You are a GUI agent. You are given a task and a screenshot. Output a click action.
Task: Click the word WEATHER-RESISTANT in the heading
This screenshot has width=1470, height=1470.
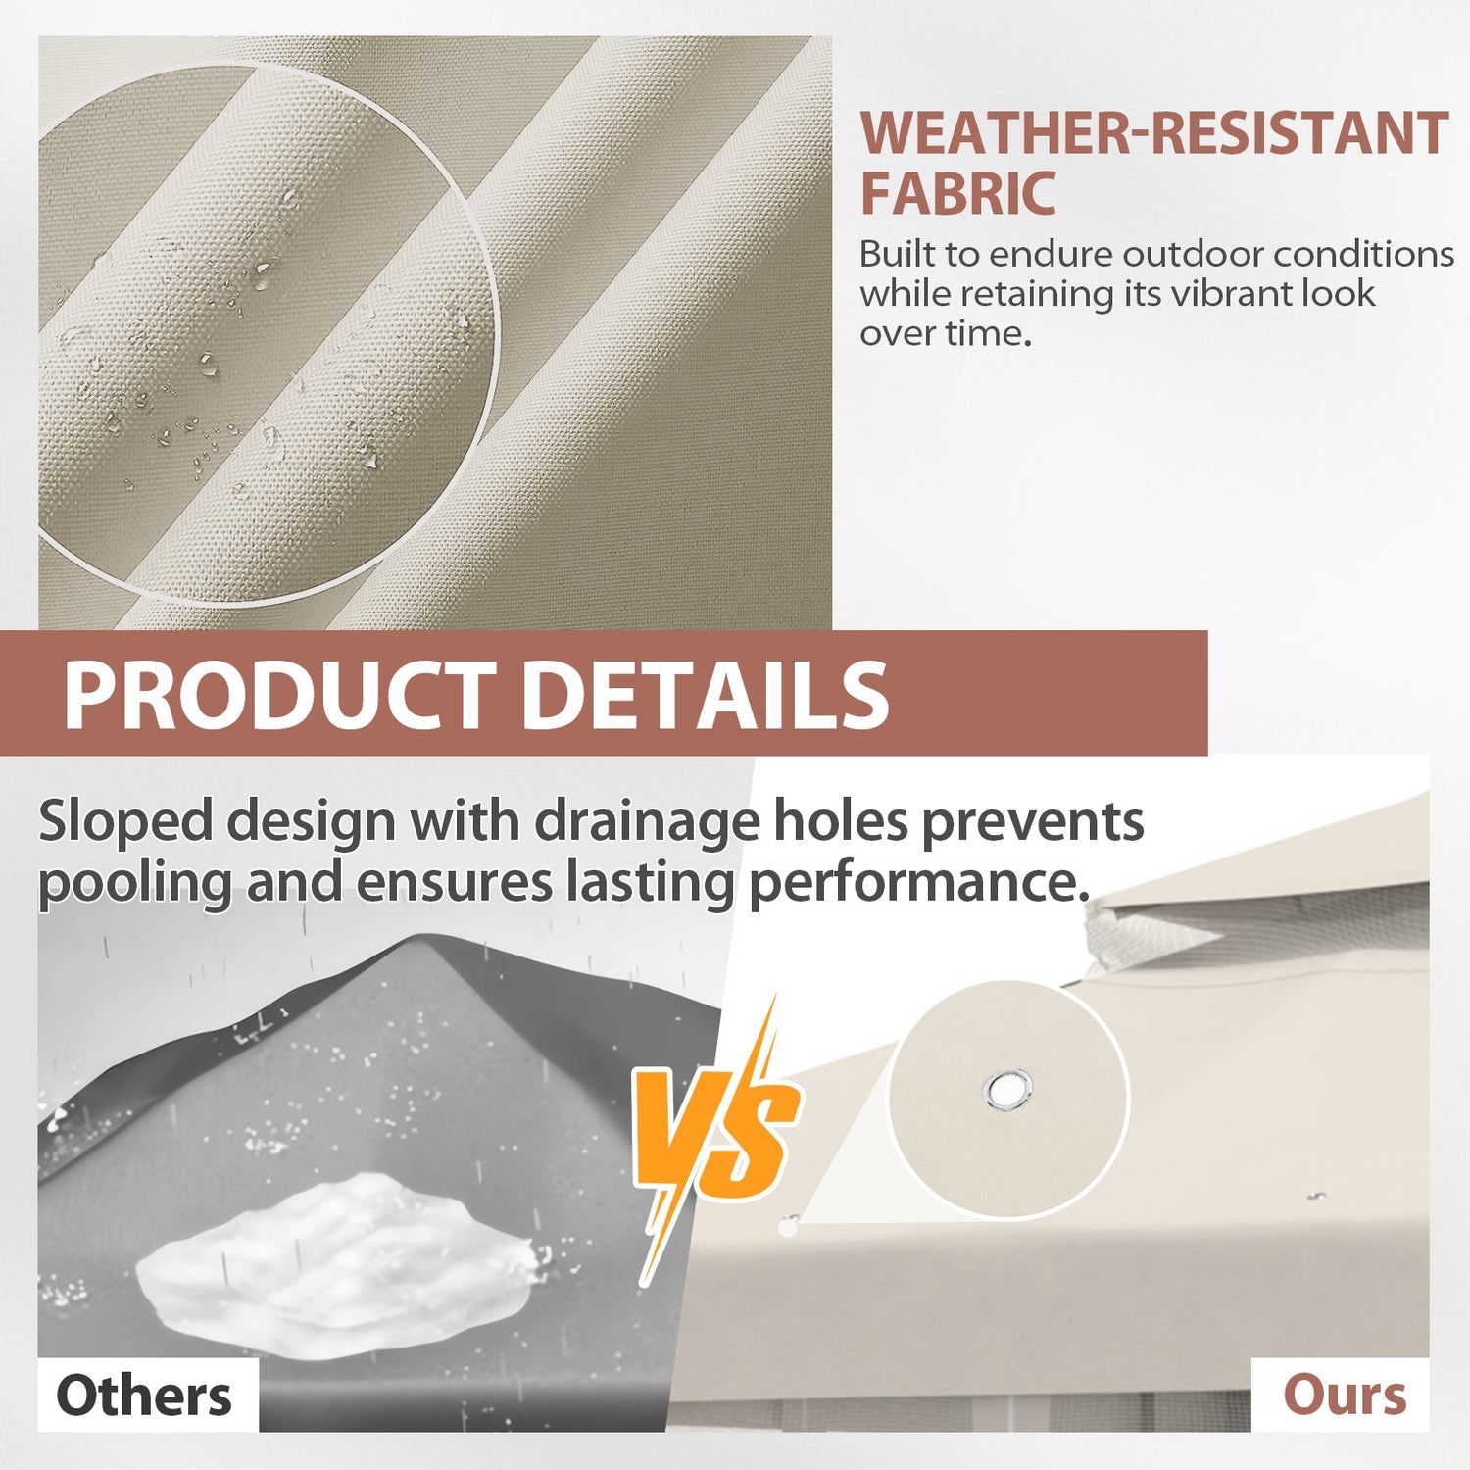pos(1154,133)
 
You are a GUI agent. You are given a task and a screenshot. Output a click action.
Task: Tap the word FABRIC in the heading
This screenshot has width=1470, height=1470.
pos(957,193)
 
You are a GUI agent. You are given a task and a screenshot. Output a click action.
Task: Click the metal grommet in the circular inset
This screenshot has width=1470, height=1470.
pos(1008,1090)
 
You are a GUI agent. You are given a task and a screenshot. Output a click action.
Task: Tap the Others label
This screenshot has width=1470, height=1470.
pos(144,1396)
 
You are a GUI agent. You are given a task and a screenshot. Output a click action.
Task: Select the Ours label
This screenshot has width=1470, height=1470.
pos(1345,1396)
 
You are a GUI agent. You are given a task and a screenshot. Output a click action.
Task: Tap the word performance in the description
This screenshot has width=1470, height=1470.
pos(919,882)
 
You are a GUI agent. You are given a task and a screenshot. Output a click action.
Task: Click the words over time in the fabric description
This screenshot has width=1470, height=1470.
pos(946,334)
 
